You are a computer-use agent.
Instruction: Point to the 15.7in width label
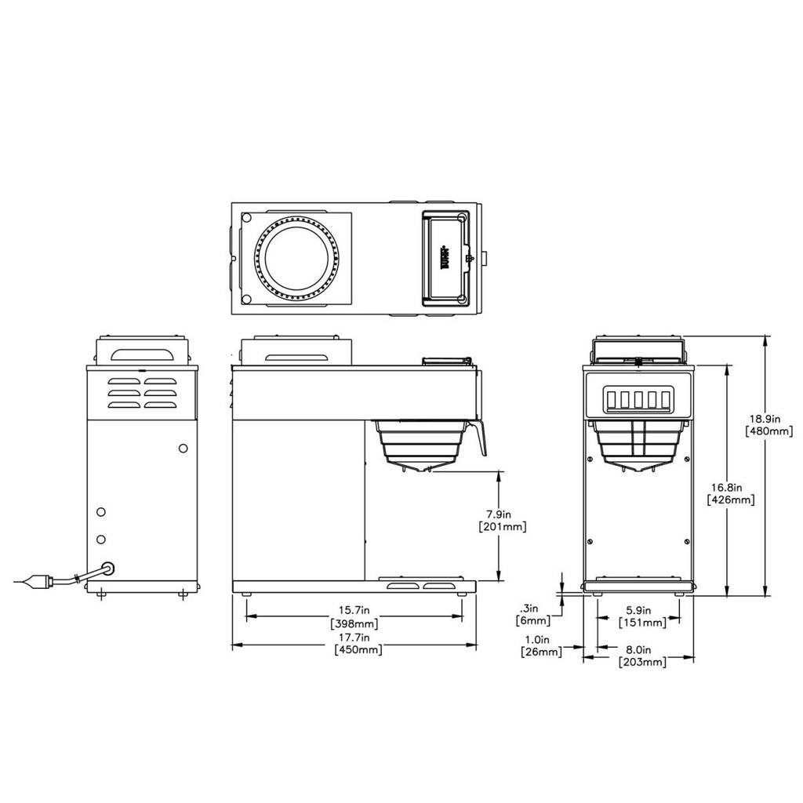pos(354,609)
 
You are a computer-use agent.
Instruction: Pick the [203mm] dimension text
pos(642,662)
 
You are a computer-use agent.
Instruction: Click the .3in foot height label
pos(531,608)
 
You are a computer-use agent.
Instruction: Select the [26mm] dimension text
pos(541,652)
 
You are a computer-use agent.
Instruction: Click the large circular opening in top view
pos(296,258)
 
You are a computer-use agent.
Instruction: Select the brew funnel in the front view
pos(636,445)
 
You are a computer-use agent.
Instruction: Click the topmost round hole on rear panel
pos(183,448)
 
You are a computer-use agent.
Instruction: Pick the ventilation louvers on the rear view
pos(142,393)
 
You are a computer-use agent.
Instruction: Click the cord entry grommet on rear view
pos(109,566)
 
